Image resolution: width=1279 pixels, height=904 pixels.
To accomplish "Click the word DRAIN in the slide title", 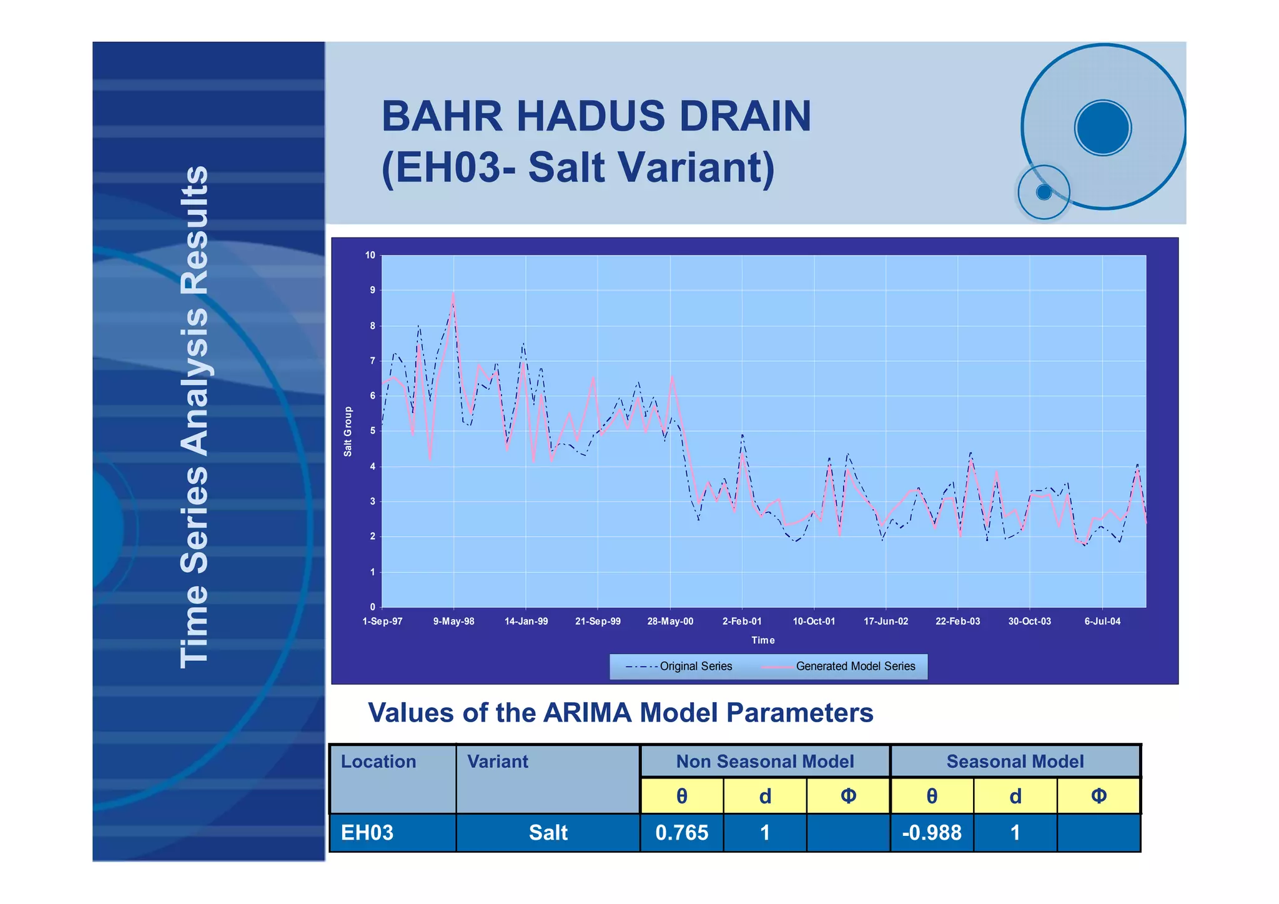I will (x=744, y=116).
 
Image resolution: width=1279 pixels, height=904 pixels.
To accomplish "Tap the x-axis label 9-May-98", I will (x=453, y=621).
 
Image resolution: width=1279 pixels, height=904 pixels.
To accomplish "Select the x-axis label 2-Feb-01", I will (x=741, y=621).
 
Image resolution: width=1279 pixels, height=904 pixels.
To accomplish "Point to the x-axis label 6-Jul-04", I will (x=1102, y=621).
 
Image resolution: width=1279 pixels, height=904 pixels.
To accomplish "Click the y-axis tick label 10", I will (x=370, y=255).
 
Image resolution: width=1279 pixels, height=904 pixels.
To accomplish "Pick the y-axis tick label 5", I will (x=372, y=431).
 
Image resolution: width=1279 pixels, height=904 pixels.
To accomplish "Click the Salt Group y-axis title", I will (x=348, y=431).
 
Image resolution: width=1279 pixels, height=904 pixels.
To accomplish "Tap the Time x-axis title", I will (x=763, y=640).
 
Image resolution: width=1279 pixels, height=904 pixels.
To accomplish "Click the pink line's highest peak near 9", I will (x=453, y=294).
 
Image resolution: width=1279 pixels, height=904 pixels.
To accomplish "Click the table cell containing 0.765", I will (x=681, y=833).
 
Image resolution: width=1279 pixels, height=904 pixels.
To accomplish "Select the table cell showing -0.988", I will (x=931, y=833).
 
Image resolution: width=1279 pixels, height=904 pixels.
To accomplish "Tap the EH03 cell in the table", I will (x=367, y=833).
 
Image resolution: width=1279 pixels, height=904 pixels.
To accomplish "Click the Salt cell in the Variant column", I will (x=548, y=833).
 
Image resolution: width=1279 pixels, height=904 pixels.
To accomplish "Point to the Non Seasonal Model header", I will (x=764, y=762).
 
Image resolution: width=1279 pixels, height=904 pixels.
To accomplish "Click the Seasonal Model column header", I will (x=1015, y=762).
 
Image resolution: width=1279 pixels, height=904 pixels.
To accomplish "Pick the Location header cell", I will (x=378, y=762).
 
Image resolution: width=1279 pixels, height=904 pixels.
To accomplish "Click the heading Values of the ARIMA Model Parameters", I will (x=620, y=713).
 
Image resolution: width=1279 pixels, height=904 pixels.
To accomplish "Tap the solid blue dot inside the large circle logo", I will (x=1103, y=127).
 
